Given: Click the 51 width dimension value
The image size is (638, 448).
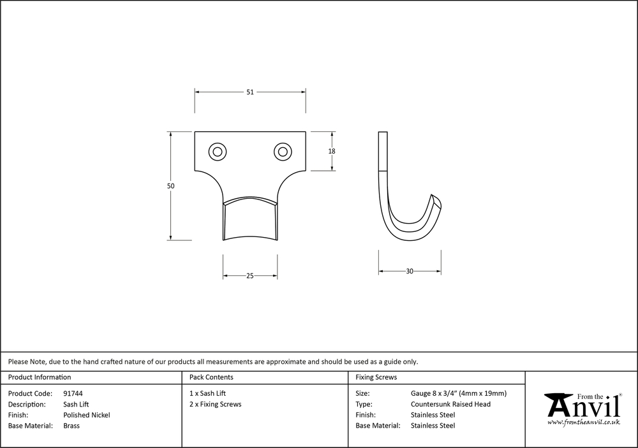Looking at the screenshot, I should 250,92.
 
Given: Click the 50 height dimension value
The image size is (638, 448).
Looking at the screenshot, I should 171,186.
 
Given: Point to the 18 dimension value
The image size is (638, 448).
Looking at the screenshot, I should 332,152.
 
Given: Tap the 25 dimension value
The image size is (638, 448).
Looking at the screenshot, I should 250,276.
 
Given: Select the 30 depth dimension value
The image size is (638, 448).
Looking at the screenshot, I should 410,271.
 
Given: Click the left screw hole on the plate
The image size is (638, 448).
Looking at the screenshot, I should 218,152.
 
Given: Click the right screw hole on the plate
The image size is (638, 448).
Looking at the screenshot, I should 281,152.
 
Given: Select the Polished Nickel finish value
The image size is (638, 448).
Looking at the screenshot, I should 87,415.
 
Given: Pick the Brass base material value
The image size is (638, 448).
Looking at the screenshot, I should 71,426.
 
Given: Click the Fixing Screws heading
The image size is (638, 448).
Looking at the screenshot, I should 376,377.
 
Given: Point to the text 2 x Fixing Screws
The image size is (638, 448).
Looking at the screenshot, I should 215,405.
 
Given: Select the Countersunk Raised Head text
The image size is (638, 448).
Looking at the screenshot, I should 450,405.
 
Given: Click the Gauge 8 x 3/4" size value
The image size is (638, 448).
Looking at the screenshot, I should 459,394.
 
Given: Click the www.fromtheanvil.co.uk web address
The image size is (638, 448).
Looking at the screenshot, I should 584,423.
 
